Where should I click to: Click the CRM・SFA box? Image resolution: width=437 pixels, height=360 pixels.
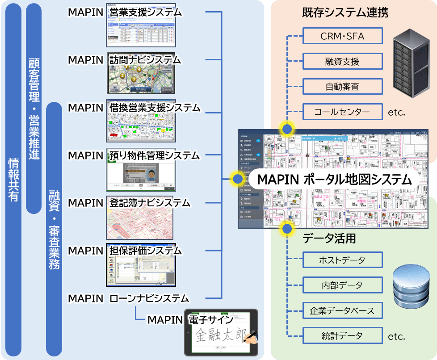point(342,36)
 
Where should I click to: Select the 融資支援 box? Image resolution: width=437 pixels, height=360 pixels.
point(342,61)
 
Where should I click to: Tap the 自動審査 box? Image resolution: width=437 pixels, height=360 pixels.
point(342,86)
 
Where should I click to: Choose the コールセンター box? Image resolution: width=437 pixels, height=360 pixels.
point(342,111)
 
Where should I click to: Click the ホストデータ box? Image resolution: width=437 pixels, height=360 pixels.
point(342,260)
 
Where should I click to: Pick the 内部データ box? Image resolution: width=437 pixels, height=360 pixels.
point(342,285)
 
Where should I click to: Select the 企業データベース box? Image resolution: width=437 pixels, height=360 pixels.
point(342,310)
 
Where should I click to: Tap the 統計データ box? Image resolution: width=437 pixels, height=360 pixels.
point(342,335)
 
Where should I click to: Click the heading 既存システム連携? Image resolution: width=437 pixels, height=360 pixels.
point(345,13)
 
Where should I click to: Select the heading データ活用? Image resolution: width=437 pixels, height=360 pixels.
point(329,239)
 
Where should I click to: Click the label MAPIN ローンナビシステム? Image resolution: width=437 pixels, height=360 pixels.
point(129,298)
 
